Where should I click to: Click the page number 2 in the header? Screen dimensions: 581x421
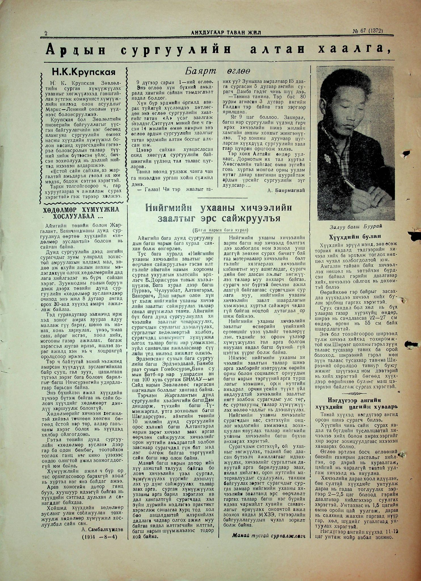point(46,33)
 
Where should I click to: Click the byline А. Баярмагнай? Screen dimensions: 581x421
point(286,190)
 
